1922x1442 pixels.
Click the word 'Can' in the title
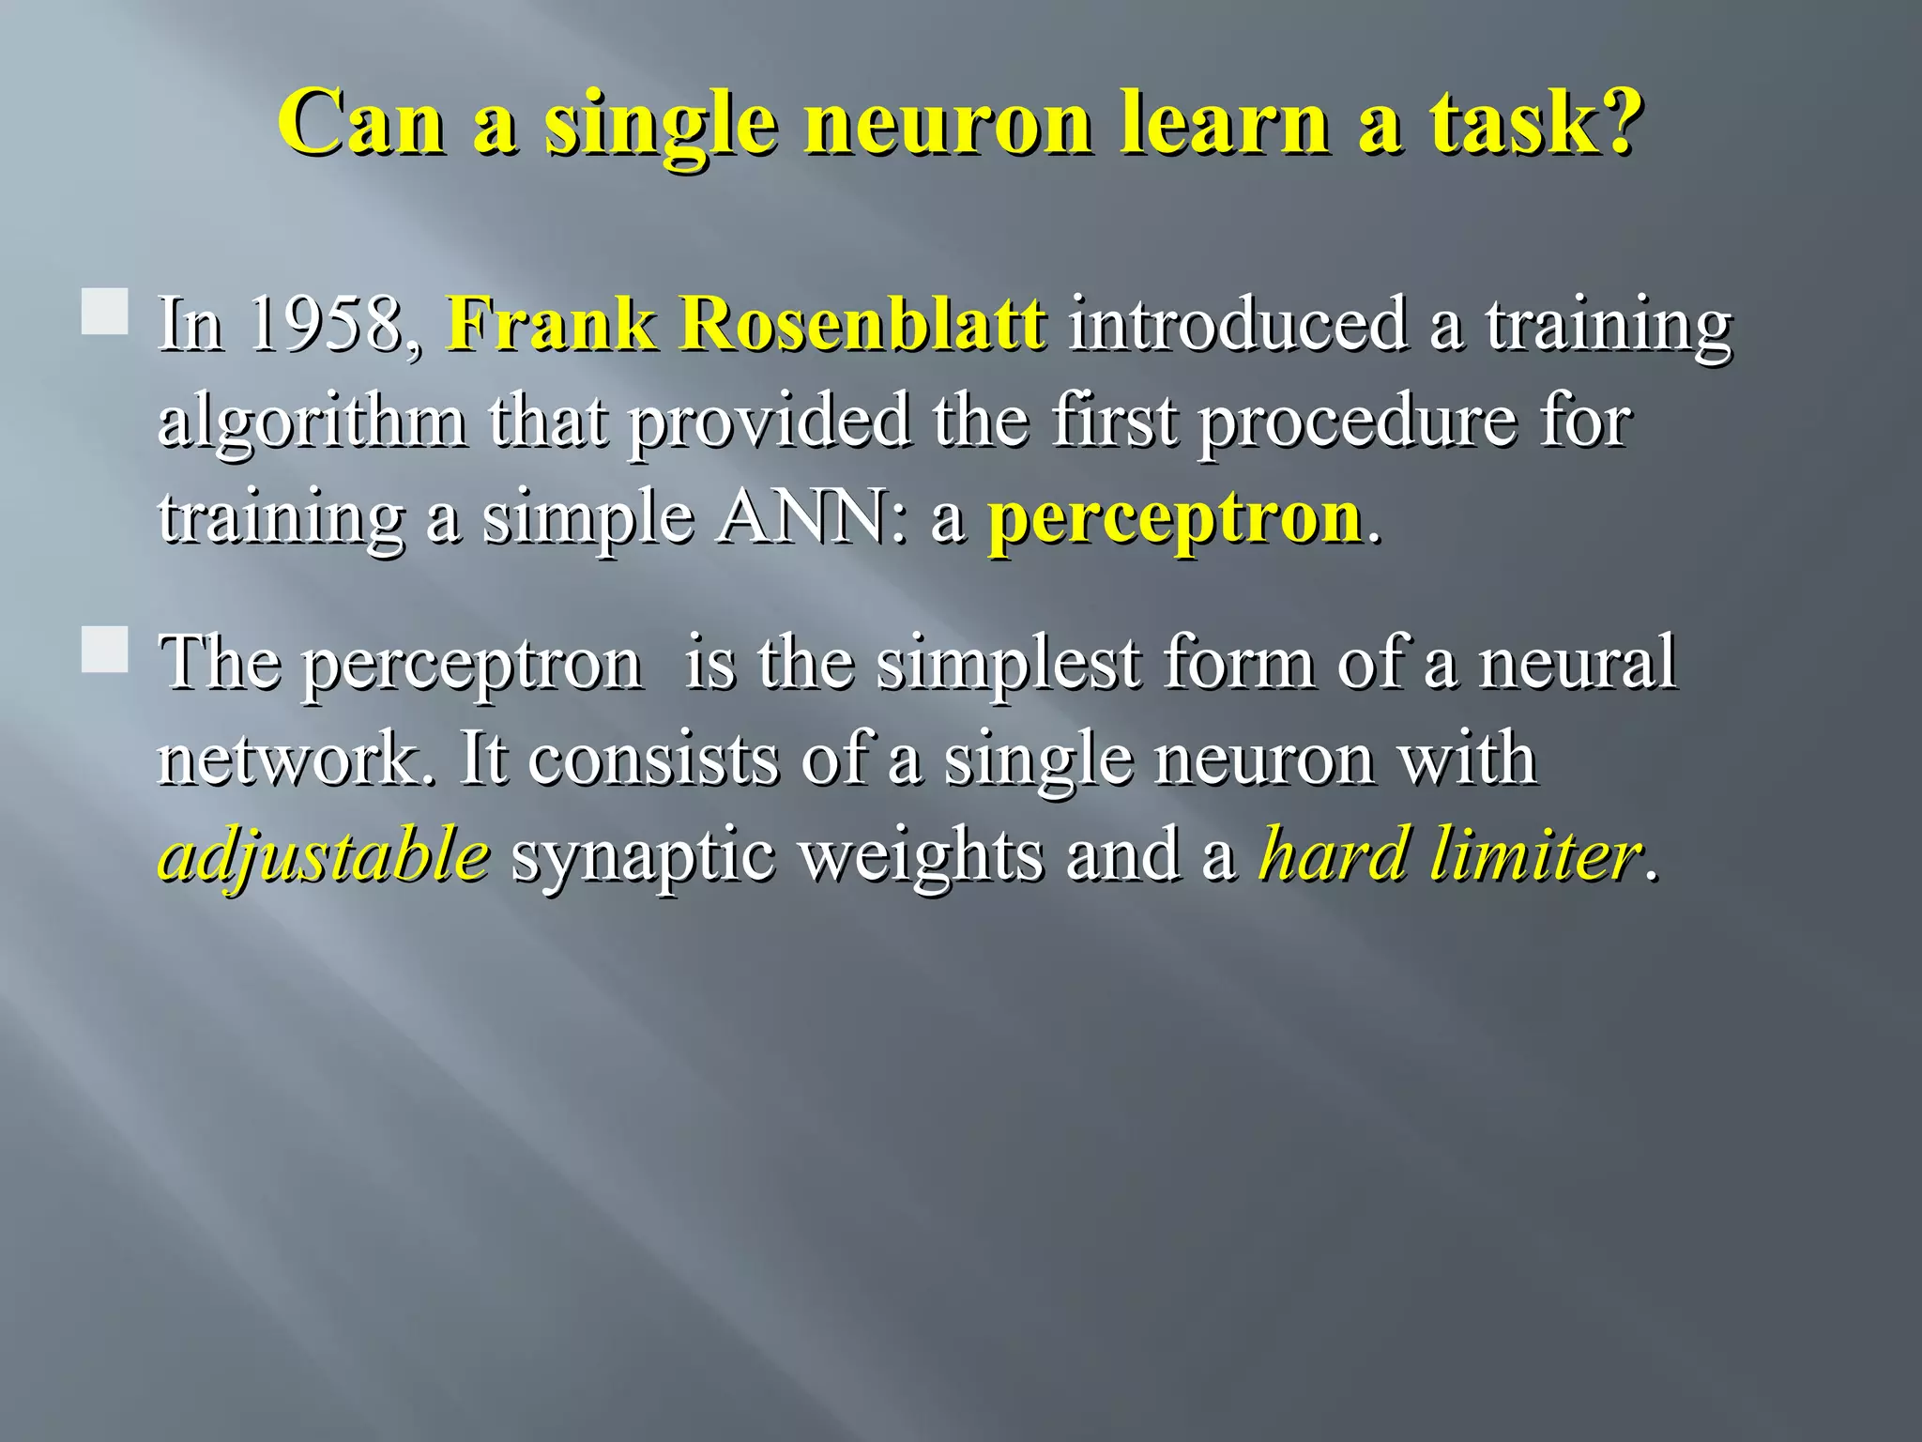(x=361, y=123)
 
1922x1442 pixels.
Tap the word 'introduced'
(x=1239, y=324)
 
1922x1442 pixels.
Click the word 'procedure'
(x=1357, y=422)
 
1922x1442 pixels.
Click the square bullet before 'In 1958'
(x=104, y=312)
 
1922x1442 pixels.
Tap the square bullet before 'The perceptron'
(x=104, y=650)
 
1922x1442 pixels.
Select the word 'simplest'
(x=1010, y=664)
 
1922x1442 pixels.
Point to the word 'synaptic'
(x=643, y=856)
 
